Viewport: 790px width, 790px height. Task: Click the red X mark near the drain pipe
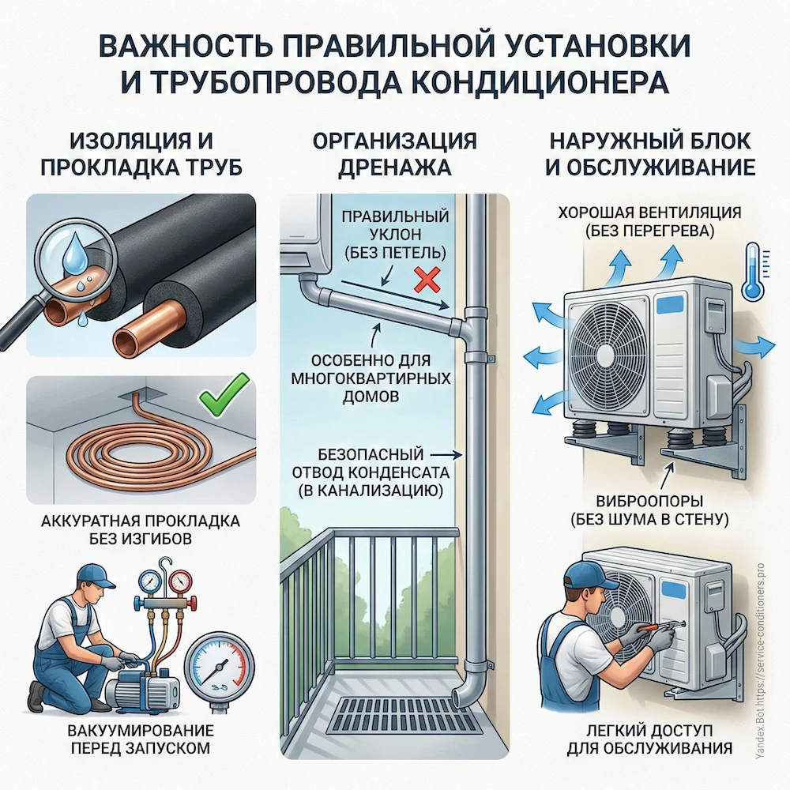click(427, 280)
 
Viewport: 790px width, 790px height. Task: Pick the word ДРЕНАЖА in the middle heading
click(394, 168)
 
